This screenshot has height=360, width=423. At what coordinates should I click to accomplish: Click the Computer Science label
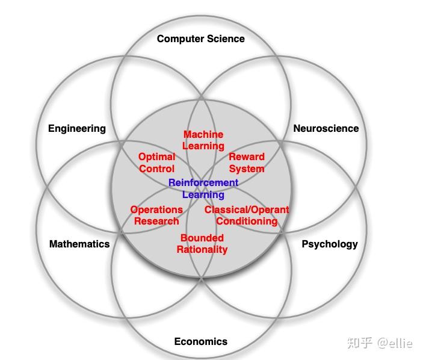point(200,39)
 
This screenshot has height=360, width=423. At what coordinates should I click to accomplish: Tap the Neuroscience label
point(326,128)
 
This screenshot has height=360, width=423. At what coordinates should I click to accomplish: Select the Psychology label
point(329,244)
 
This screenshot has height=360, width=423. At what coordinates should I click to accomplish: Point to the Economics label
point(200,341)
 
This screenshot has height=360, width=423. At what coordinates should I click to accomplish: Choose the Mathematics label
point(79,244)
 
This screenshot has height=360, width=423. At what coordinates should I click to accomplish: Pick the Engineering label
point(76,128)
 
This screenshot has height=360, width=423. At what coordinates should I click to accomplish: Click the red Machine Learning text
point(203,140)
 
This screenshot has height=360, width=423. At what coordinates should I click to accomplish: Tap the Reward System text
point(247,163)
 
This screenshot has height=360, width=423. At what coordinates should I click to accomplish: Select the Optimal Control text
point(156,163)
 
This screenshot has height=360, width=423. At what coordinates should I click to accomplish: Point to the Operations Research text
point(156,215)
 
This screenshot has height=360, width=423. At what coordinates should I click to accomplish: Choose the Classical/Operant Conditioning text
point(247,215)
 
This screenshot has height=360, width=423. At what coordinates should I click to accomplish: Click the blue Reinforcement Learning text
point(203,188)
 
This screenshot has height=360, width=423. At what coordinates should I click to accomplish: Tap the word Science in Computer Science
point(223,39)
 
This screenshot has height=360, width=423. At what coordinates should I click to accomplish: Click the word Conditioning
point(247,221)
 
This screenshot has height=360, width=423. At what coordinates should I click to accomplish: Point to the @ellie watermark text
point(395,343)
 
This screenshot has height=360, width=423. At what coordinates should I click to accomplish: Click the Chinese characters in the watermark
point(360,343)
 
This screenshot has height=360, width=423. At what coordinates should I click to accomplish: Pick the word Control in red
point(156,169)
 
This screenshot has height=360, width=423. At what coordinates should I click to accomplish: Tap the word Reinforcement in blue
point(203,182)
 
